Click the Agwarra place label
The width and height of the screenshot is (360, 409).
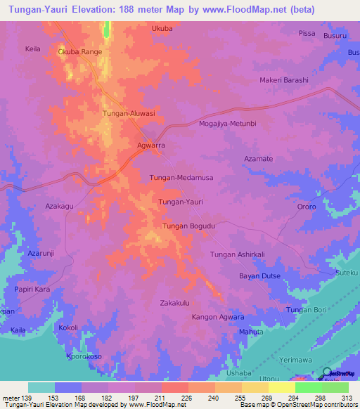point(150,145)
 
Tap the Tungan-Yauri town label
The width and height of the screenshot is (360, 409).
point(181,202)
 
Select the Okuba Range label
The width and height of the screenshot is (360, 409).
point(81,52)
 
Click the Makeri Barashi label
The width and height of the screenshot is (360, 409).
point(284,80)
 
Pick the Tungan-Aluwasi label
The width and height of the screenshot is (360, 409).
point(129,113)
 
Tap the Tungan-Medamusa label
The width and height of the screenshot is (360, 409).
point(181,178)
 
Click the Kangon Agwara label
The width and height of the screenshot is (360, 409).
point(218,318)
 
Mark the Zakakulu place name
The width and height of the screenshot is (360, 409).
point(175,303)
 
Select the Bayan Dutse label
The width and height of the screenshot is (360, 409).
point(260,276)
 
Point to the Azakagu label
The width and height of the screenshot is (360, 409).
point(60,207)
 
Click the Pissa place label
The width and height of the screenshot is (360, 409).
point(307,33)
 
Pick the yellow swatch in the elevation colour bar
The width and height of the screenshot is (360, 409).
point(281,387)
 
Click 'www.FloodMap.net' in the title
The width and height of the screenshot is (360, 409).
point(252,10)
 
